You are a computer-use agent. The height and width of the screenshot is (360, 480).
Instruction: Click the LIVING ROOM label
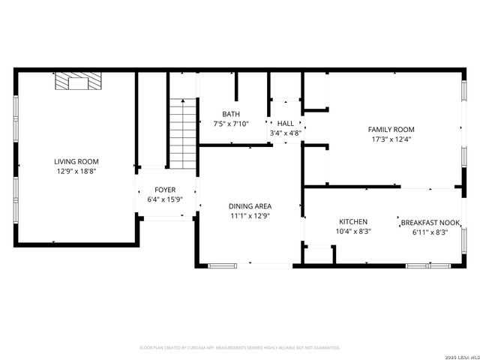coord(76,161)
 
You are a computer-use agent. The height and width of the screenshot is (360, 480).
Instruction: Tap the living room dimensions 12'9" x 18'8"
coord(76,171)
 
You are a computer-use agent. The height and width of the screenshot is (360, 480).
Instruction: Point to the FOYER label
coord(165,190)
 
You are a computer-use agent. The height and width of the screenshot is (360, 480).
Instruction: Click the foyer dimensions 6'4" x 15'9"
coord(165,199)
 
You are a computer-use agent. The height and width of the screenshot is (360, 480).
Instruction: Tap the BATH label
coord(231,114)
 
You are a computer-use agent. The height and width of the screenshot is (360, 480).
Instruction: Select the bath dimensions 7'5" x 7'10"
coord(231,124)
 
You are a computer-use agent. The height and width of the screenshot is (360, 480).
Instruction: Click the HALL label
coord(286,124)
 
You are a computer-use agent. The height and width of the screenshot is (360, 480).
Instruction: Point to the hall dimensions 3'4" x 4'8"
coord(286,133)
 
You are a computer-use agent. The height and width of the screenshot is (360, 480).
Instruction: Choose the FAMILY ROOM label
coord(391,129)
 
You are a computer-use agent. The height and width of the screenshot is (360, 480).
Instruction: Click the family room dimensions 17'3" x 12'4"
coord(391,139)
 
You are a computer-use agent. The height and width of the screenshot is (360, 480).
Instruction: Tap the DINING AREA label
coord(250,206)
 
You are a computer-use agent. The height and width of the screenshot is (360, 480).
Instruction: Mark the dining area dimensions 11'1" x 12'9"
coord(250,216)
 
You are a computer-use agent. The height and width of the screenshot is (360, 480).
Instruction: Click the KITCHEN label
coord(352,222)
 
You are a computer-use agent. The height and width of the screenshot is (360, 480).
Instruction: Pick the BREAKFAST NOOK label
coord(430,223)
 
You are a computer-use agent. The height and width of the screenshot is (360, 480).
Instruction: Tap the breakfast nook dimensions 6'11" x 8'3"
coord(430,232)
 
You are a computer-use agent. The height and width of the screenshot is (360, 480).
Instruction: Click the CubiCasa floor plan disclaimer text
coord(240,348)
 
